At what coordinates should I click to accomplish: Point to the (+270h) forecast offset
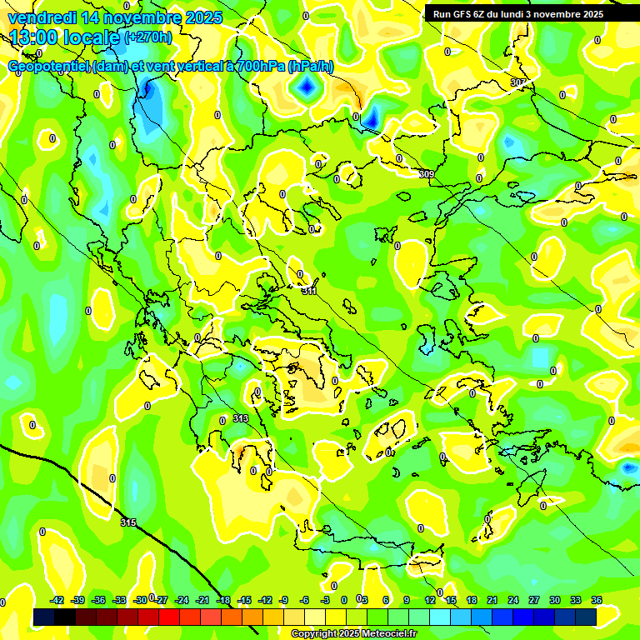pos(147,37)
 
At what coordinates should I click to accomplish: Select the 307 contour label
pos(518,82)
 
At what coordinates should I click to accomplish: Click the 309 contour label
pos(426,174)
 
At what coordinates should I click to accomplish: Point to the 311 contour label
pos(309,291)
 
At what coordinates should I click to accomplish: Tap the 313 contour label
pos(241,418)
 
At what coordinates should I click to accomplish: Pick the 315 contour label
pos(127,522)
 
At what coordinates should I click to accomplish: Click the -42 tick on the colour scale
pos(57,600)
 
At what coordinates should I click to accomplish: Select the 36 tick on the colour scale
pos(597,600)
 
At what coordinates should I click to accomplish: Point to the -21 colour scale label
pos(203,600)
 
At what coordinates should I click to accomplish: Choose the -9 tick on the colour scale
pos(283,600)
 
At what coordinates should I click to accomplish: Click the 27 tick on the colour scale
pos(534,600)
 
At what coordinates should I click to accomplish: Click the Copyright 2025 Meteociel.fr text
pos(353,634)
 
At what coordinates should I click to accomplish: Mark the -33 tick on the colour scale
pos(120,600)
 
